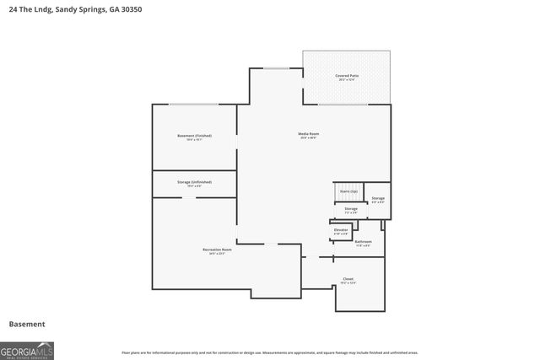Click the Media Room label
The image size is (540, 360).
(x=307, y=134)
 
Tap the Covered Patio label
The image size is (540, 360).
(x=347, y=75)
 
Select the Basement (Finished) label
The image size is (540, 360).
(x=194, y=136)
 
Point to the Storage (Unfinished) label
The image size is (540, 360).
(x=194, y=181)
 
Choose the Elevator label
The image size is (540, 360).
(x=341, y=229)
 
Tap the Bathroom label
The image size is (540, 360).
(x=363, y=241)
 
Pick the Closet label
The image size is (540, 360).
(x=348, y=278)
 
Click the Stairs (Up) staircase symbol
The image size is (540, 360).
(x=348, y=192)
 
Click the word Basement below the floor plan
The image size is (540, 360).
(x=27, y=324)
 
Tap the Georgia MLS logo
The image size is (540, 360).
(x=27, y=350)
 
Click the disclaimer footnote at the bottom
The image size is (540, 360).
(x=270, y=352)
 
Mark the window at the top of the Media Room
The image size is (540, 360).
(x=275, y=68)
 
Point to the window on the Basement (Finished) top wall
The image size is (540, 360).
(x=194, y=105)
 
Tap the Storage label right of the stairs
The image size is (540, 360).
(x=378, y=199)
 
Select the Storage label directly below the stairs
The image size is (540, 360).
(x=350, y=208)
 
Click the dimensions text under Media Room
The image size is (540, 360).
(x=307, y=138)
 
